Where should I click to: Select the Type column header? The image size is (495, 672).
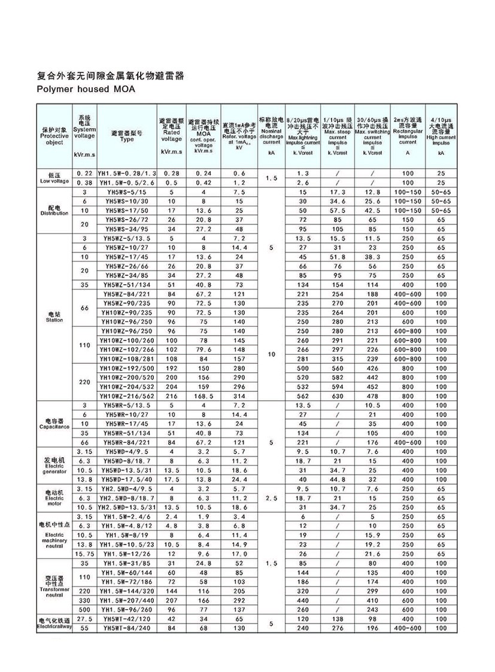(x=126, y=136)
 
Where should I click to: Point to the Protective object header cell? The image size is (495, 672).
(x=54, y=136)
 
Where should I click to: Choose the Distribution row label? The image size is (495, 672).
(x=54, y=209)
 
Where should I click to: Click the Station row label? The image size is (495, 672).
(x=54, y=317)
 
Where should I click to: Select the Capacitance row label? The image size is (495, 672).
(x=54, y=423)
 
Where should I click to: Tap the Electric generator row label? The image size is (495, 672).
(x=54, y=465)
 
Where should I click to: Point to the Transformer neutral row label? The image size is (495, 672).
(x=54, y=585)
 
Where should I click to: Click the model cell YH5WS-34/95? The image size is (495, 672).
(x=126, y=228)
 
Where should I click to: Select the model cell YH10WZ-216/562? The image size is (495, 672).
(x=126, y=396)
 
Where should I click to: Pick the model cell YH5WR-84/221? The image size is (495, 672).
(x=126, y=442)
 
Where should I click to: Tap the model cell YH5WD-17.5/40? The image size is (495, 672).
(x=126, y=479)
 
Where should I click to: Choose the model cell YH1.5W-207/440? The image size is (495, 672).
(x=126, y=600)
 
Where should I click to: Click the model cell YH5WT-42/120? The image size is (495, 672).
(x=126, y=619)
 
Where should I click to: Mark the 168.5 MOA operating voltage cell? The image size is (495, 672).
(x=204, y=396)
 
